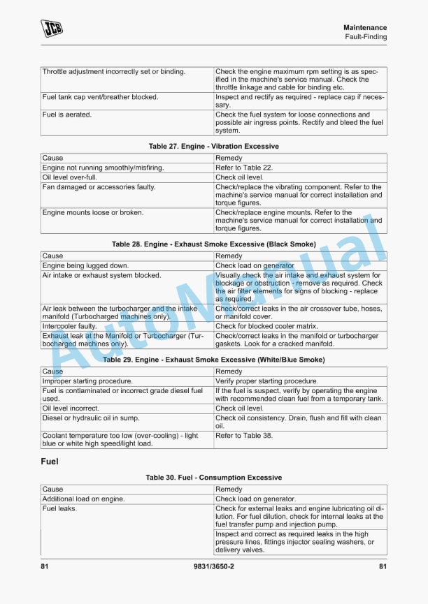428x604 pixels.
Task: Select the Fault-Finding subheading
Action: coord(366,37)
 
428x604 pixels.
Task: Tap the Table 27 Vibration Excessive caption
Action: coord(213,147)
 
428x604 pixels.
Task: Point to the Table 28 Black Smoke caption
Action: coord(213,244)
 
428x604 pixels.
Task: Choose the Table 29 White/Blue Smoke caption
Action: coord(213,360)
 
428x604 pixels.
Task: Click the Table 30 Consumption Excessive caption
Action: coord(213,478)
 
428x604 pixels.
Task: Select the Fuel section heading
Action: coord(50,462)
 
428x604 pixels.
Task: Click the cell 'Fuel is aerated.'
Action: coord(67,115)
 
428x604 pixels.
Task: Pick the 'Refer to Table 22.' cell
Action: coord(245,168)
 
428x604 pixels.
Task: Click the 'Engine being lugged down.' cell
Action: coord(85,266)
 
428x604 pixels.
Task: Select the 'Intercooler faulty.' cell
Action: coord(69,326)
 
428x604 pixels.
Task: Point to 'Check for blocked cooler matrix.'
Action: coord(266,326)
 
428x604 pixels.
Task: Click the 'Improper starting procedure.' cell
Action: coord(87,381)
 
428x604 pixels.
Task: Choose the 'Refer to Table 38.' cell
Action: coord(244,436)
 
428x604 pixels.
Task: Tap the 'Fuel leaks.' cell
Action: coord(59,509)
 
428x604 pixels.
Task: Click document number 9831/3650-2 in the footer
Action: coord(213,566)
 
